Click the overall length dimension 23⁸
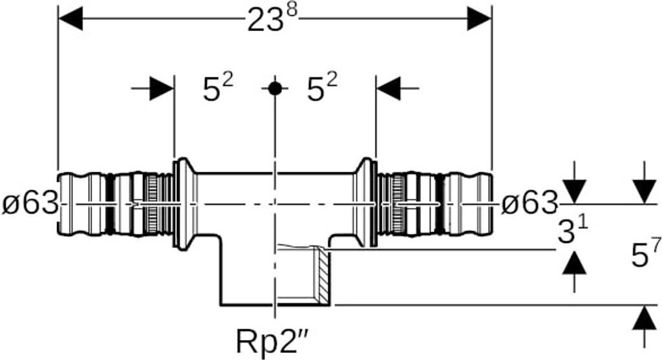click(272, 19)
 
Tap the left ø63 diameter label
click(30, 204)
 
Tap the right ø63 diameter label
click(529, 204)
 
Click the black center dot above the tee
click(275, 89)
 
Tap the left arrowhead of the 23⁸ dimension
click(70, 19)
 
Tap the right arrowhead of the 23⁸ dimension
click(479, 19)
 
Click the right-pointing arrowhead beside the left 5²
click(162, 88)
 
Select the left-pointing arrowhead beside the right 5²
click(388, 88)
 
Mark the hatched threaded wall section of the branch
click(323, 274)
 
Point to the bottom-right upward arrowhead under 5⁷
click(645, 317)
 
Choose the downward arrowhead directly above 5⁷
click(645, 191)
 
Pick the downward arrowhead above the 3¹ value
click(574, 191)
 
